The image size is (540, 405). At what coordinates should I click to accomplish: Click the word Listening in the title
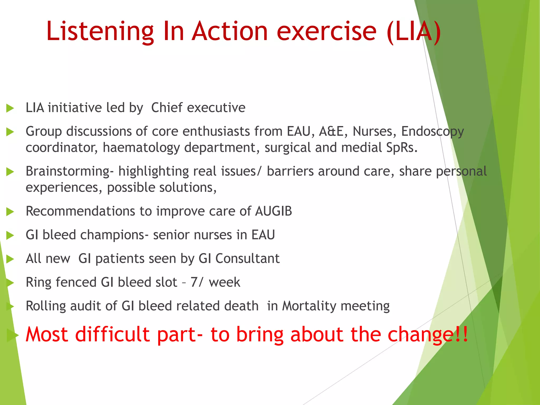tap(100, 32)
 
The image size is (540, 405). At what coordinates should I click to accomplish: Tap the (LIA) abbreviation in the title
tap(414, 32)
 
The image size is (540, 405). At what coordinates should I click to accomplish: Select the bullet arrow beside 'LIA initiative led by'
tap(10, 108)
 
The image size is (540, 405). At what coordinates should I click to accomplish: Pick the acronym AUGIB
tap(273, 211)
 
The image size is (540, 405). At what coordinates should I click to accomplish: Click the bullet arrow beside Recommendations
tap(10, 211)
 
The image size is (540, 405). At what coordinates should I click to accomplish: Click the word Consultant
tap(247, 259)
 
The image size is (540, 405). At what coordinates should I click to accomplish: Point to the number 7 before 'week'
tap(194, 282)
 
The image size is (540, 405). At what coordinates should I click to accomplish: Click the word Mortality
tap(308, 306)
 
